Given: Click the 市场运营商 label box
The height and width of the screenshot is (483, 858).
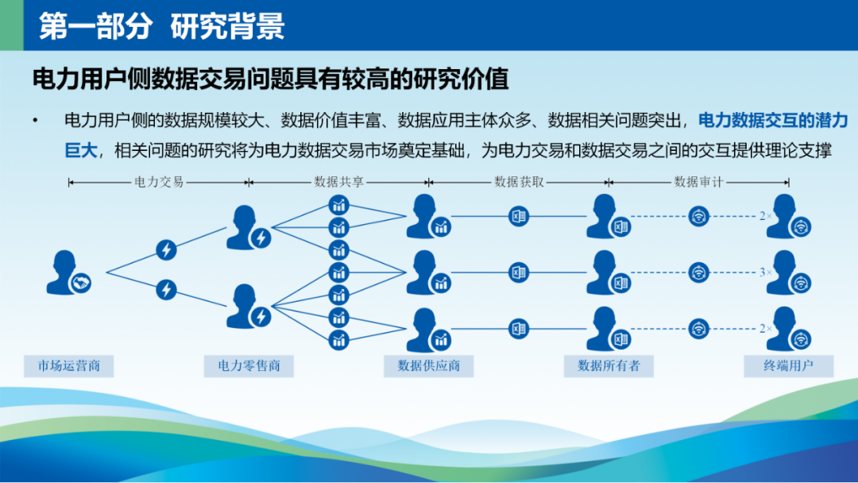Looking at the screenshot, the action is click(68, 366).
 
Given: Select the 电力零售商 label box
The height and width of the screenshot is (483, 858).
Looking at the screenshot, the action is click(249, 366).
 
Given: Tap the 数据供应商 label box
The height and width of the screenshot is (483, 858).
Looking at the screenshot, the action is click(428, 366).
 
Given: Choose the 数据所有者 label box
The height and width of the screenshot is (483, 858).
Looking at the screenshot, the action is click(609, 366).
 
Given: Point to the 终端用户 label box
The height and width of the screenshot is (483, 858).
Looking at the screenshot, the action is click(789, 366).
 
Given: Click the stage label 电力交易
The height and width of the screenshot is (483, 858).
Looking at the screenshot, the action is click(159, 182).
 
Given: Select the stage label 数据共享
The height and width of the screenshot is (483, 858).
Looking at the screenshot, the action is click(338, 182).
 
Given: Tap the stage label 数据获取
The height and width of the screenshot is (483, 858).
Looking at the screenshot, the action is click(519, 182).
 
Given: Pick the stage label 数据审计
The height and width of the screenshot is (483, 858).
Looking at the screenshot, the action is click(699, 182).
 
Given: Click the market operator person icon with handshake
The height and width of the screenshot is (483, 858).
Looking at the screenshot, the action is click(67, 273).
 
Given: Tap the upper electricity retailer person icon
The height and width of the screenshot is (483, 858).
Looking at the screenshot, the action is click(247, 227).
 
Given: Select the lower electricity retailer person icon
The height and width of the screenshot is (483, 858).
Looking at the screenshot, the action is click(247, 307).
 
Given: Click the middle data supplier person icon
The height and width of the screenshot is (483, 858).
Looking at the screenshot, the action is click(427, 272).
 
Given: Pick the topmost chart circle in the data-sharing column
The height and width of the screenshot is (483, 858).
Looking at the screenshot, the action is click(338, 205).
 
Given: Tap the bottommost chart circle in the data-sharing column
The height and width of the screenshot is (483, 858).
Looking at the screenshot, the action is click(338, 340).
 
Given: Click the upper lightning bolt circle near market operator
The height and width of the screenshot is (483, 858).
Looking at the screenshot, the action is click(166, 250).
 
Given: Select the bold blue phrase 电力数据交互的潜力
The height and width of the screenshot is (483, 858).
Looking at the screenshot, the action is click(773, 120).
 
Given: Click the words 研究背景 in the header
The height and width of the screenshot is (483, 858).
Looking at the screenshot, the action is click(227, 25).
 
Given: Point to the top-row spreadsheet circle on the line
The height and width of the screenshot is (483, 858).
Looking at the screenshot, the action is click(519, 216).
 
